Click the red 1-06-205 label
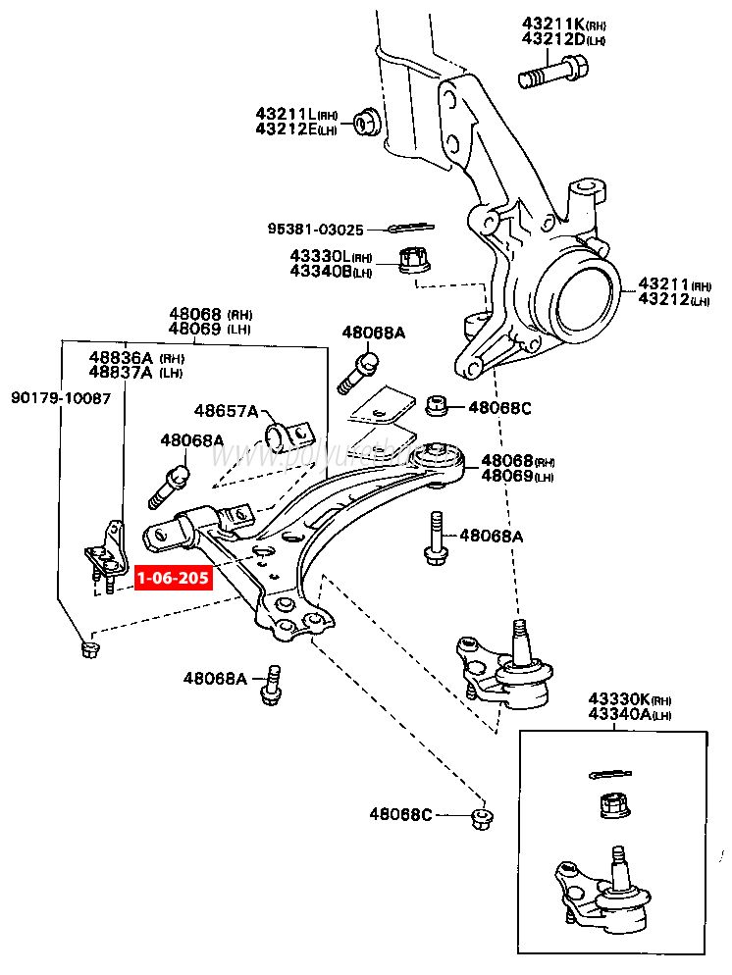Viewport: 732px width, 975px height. pos(173,578)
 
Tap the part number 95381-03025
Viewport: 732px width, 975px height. pos(315,230)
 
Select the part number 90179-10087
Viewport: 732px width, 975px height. pos(61,398)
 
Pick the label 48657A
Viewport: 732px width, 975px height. pos(225,410)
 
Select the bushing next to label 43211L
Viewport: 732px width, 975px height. pos(367,122)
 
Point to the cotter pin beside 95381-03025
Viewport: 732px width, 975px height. pos(403,229)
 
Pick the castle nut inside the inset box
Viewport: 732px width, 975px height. pos(613,806)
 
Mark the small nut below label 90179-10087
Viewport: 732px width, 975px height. pos(89,647)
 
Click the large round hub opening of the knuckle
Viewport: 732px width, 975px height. pos(580,290)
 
